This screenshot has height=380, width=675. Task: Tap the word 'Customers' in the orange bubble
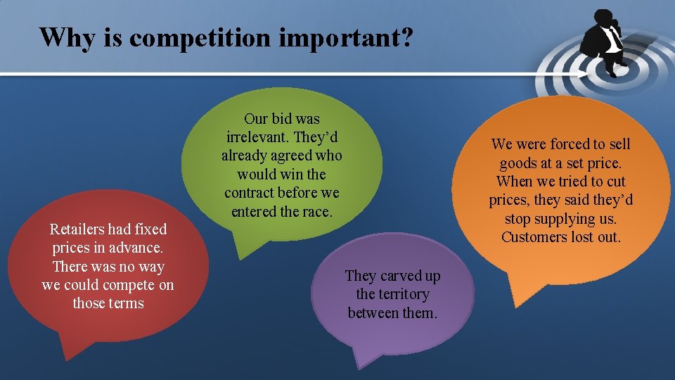534,237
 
